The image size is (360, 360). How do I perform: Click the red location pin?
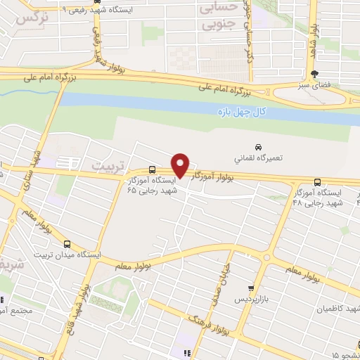click(181, 165)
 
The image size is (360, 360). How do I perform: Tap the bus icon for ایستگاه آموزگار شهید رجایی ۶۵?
click(153, 170)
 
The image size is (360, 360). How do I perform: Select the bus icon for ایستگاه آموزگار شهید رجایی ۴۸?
click(318, 182)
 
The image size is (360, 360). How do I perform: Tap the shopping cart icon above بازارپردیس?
click(250, 288)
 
